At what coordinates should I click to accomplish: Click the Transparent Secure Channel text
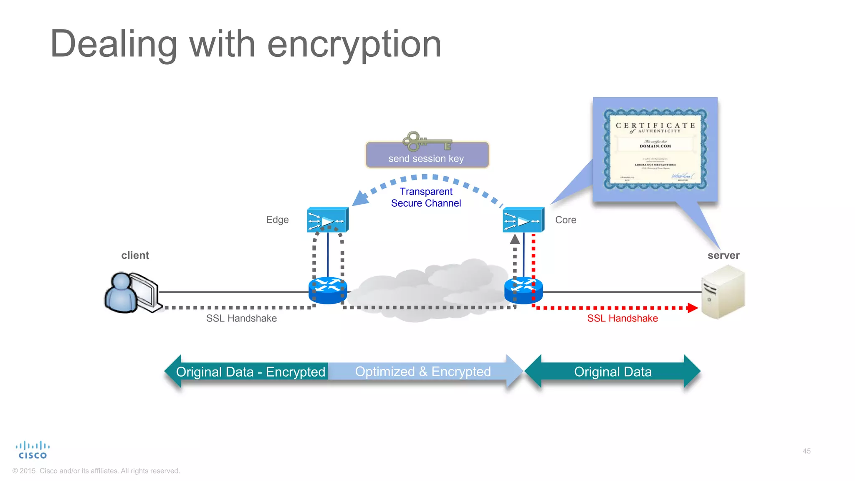[426, 197]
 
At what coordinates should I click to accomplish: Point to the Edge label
[277, 220]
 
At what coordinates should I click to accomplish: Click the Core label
[565, 220]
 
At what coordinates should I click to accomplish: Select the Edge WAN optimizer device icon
[327, 220]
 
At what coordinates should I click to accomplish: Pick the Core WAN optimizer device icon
[523, 220]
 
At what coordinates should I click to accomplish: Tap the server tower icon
[723, 292]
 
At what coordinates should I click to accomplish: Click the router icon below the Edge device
[328, 291]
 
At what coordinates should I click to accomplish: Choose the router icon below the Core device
[524, 291]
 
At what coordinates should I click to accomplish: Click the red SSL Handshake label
[622, 319]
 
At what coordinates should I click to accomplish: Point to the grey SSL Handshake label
[241, 319]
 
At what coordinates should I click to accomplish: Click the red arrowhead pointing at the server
[693, 308]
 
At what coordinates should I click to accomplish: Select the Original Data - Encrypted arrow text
[250, 372]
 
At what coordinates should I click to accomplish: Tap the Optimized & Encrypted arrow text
[422, 372]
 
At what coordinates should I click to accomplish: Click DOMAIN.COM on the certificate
[655, 146]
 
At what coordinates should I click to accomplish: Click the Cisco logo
[33, 451]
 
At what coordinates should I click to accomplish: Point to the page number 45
[807, 451]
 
